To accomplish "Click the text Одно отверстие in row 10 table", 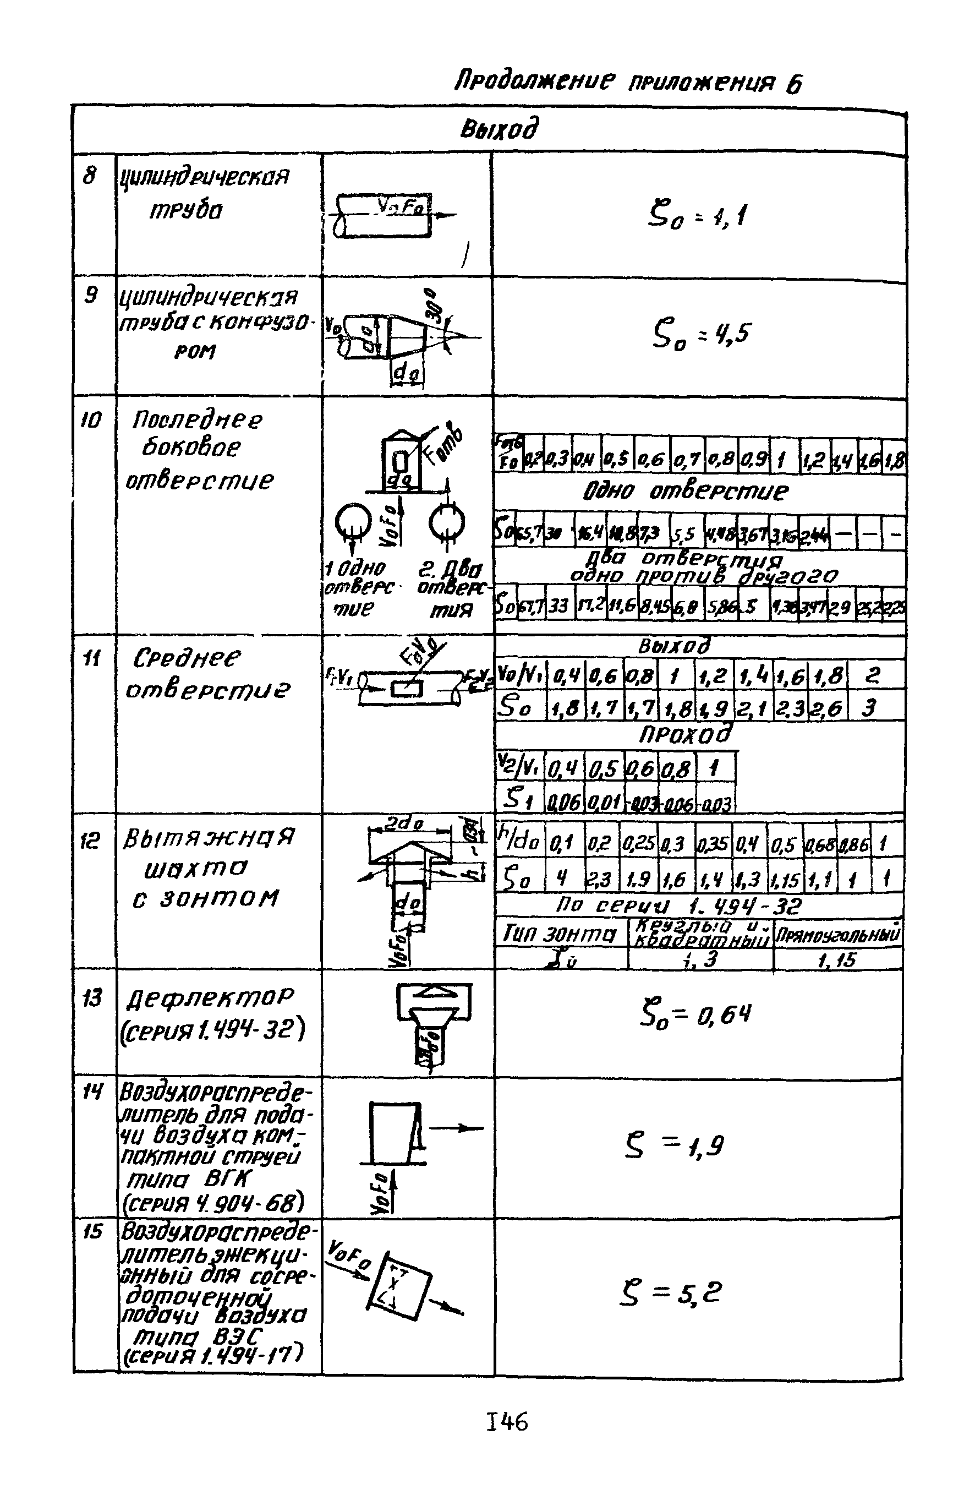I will coord(684,490).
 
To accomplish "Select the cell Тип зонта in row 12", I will coord(560,935).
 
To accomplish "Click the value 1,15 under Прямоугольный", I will coord(836,959).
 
